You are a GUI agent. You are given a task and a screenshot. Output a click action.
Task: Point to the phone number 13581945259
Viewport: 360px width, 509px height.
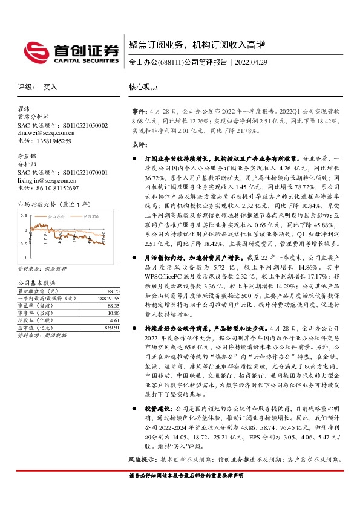(x=51, y=141)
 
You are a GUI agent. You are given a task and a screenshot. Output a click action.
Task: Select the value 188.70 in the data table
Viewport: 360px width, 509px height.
(x=112, y=291)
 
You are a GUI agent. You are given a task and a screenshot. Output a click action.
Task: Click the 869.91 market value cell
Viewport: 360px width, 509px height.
(x=112, y=327)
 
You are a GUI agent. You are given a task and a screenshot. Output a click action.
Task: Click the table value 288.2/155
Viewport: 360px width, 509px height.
(x=108, y=298)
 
